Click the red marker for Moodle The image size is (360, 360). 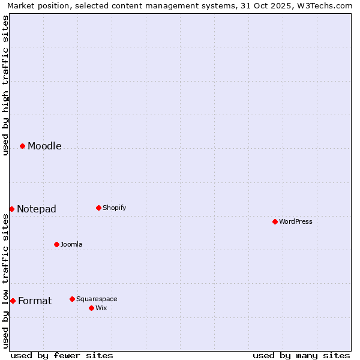pos(22,146)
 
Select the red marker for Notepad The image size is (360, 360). pos(11,209)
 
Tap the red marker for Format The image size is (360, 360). pos(13,301)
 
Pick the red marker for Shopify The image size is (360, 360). pos(98,208)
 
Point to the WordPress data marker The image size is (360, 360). pos(275,221)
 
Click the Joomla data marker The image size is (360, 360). pos(56,244)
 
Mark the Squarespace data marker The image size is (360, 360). pos(72,299)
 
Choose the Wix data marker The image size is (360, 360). pos(91,308)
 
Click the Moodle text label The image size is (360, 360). pos(44,146)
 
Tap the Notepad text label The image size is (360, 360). pos(37,209)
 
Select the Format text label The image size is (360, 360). pos(35,301)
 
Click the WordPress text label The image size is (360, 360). pos(296,221)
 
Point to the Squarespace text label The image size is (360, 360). pos(97,299)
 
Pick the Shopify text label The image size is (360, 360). pos(114,208)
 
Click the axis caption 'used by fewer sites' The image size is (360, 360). pos(62,355)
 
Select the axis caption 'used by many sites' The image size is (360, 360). pos(301,355)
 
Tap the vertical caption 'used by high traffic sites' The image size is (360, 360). pos(5,85)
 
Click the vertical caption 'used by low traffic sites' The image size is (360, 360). pos(5,280)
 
